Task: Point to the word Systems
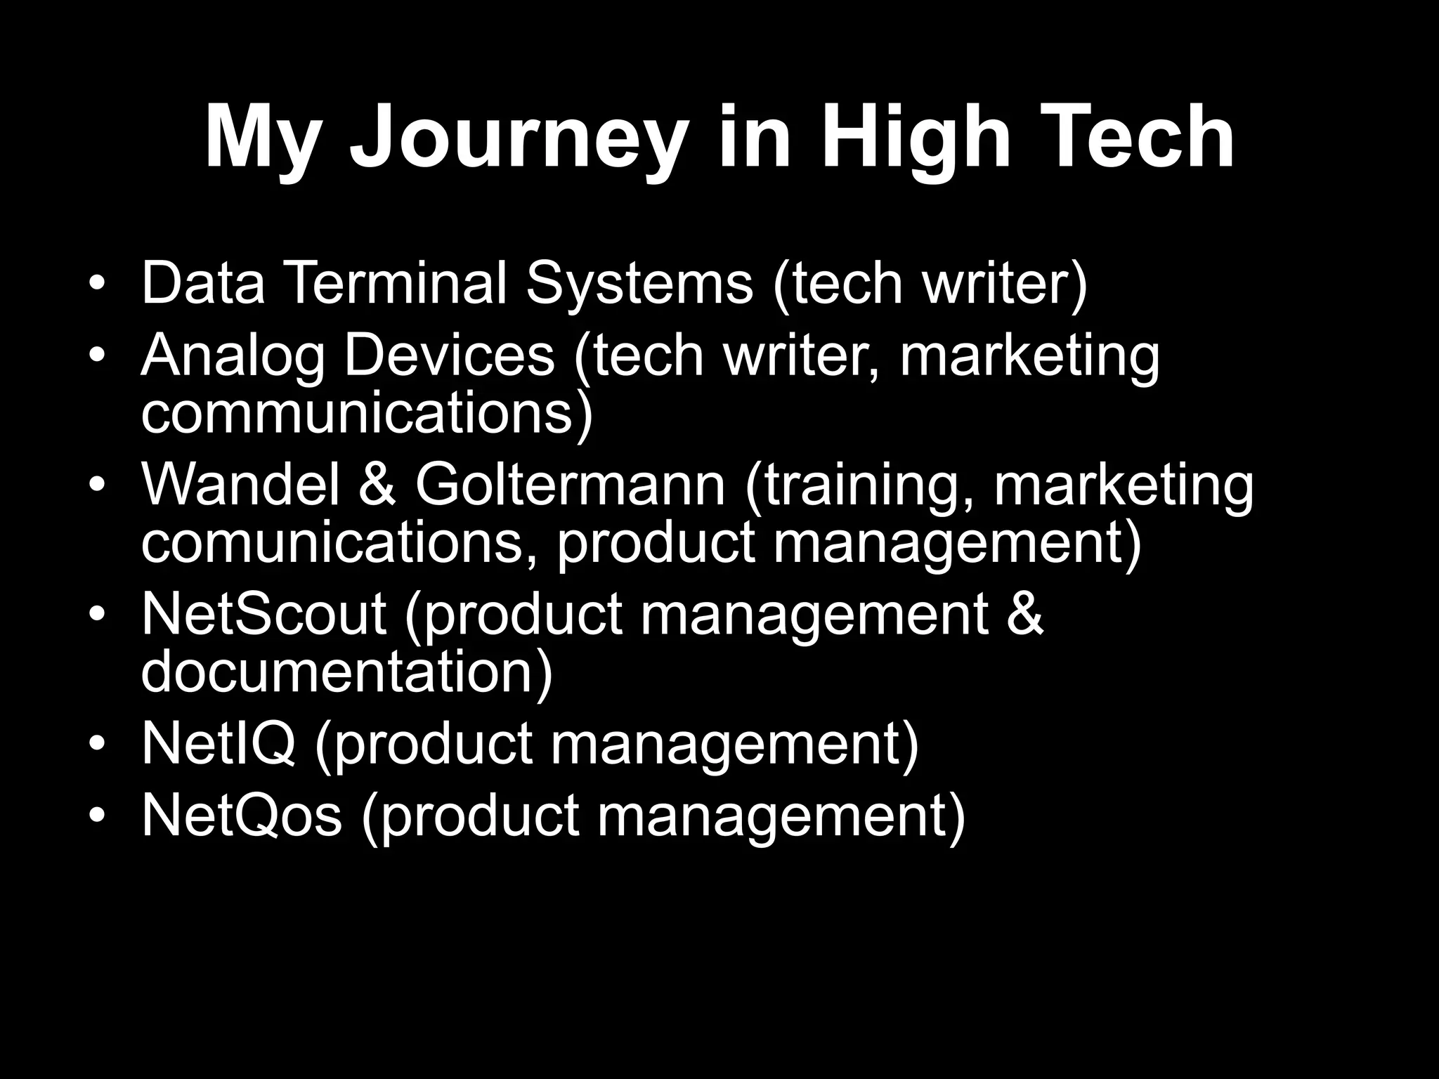coord(639,284)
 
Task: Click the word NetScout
coord(263,613)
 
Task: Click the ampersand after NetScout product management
coord(1023,613)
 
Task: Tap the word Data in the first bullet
coord(203,282)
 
